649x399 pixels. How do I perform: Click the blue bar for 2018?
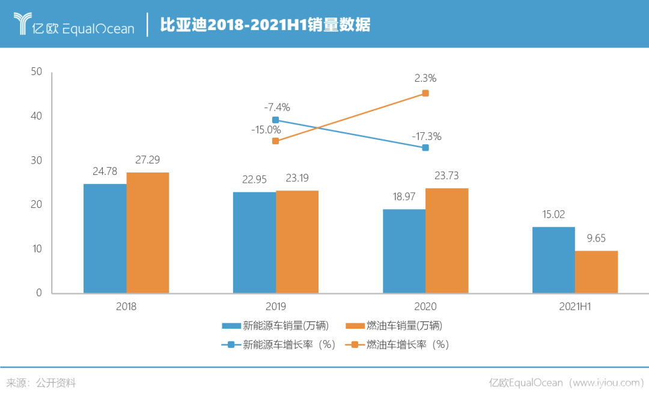pyautogui.click(x=105, y=239)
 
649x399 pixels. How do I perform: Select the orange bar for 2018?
pyautogui.click(x=148, y=233)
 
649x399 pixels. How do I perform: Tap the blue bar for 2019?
pyautogui.click(x=254, y=242)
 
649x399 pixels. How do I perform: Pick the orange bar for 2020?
pyautogui.click(x=447, y=240)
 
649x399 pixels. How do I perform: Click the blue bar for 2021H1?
pyautogui.click(x=553, y=260)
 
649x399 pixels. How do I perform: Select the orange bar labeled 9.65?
pyautogui.click(x=597, y=272)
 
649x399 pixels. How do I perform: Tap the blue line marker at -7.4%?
pyautogui.click(x=275, y=120)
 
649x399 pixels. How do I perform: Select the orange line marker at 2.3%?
pyautogui.click(x=425, y=93)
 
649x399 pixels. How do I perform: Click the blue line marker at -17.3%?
pyautogui.click(x=425, y=147)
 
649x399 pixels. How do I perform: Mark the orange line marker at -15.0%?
pyautogui.click(x=275, y=141)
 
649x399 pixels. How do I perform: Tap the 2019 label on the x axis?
pyautogui.click(x=276, y=306)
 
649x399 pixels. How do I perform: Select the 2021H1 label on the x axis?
pyautogui.click(x=575, y=306)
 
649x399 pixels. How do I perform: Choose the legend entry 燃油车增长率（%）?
pyautogui.click(x=399, y=345)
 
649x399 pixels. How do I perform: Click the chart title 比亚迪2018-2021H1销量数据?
pyautogui.click(x=264, y=25)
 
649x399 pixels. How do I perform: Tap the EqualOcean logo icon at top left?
pyautogui.click(x=23, y=24)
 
